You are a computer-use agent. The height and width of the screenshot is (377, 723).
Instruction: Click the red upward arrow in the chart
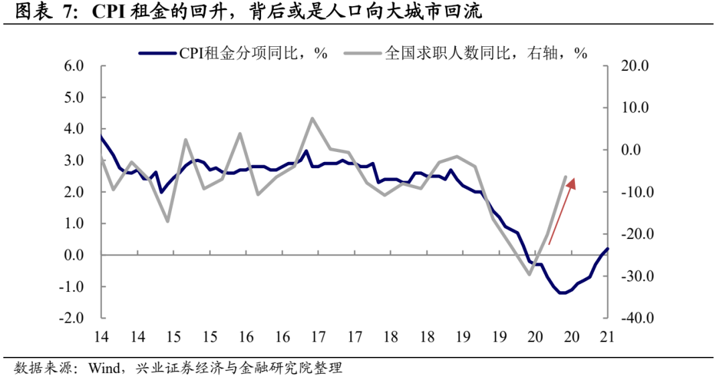[x=562, y=211]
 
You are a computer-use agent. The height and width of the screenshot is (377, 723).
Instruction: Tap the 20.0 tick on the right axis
[x=636, y=66]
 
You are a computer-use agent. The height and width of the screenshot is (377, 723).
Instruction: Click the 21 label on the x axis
[x=608, y=337]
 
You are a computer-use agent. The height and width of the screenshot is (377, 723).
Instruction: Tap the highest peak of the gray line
[x=313, y=119]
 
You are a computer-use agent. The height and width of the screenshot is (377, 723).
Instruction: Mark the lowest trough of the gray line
[x=530, y=274]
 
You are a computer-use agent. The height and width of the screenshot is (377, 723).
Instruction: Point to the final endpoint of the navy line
[x=608, y=248]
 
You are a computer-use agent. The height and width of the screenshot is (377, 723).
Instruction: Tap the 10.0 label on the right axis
[x=636, y=108]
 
